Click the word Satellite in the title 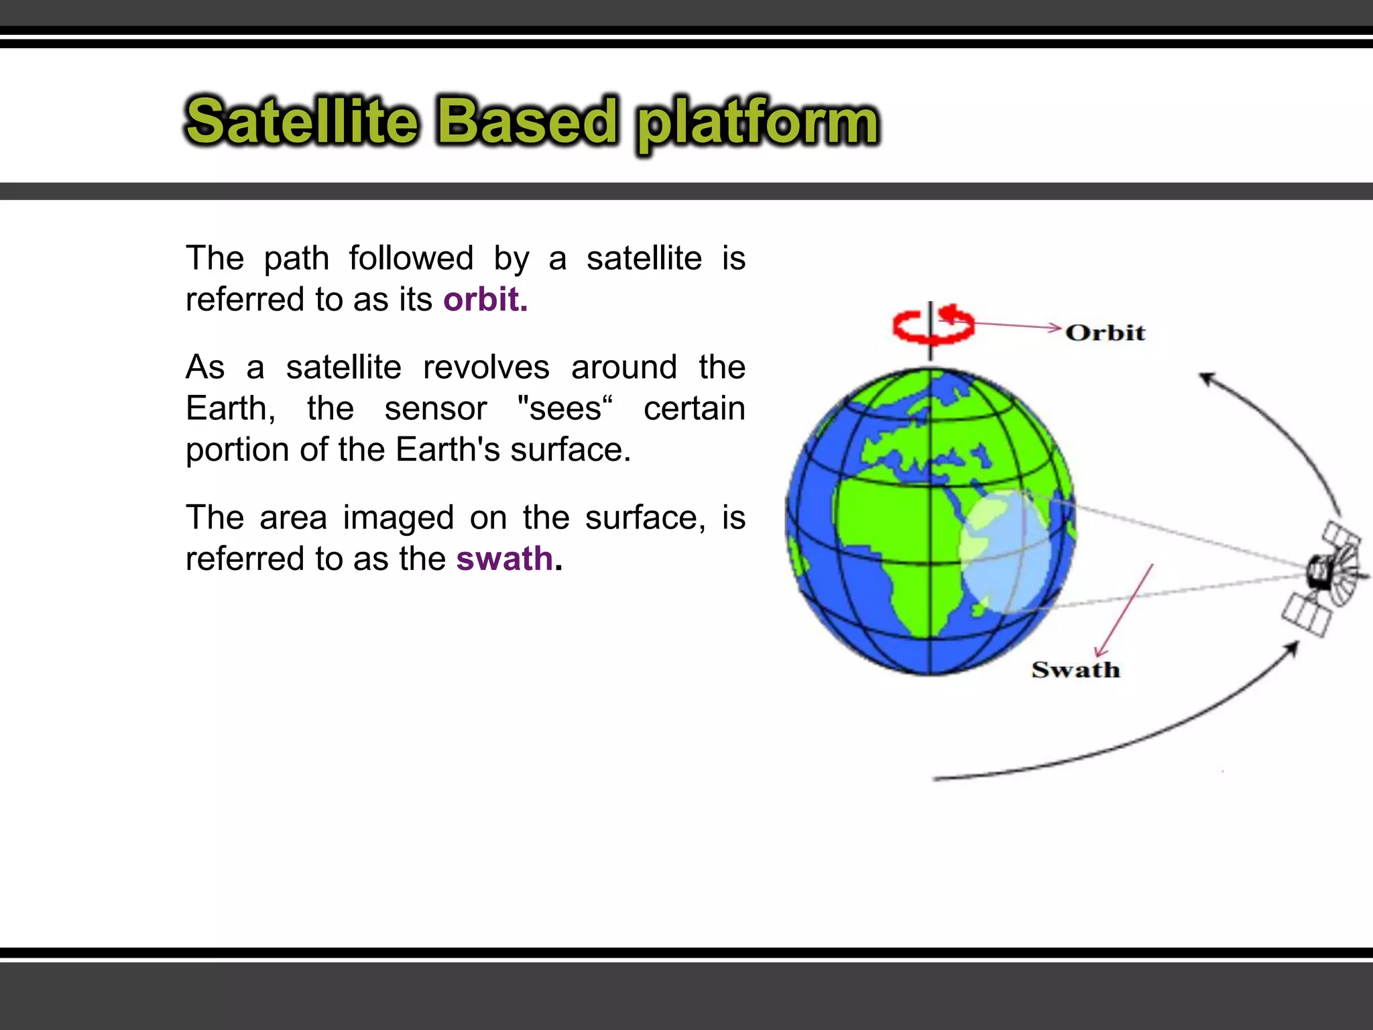pos(302,122)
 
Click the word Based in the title pos(527,122)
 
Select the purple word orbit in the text pos(485,299)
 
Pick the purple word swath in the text pos(505,559)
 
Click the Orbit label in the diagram pos(1105,333)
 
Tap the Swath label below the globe pos(1075,669)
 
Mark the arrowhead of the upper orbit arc pos(1207,379)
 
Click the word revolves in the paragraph pos(486,367)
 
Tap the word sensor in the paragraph pos(435,408)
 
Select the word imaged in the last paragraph pos(398,518)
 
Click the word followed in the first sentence pos(411,258)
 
